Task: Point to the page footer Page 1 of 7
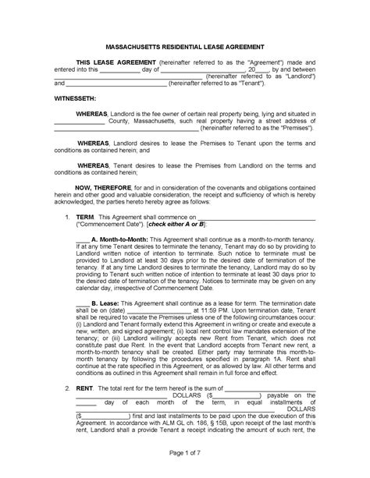[185, 453]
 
